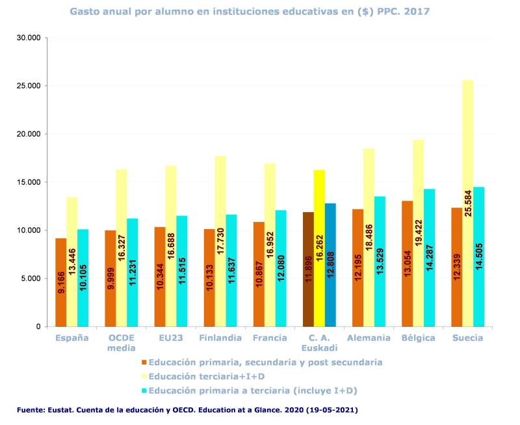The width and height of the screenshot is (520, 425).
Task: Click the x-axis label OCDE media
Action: pos(121,343)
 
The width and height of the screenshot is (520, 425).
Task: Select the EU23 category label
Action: pos(171,338)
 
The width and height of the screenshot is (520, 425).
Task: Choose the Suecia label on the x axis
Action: pos(467,338)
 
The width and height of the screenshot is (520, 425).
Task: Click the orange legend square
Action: pos(144,363)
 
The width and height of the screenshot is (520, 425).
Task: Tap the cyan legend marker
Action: pos(144,391)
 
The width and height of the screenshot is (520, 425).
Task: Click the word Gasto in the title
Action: pos(86,12)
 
